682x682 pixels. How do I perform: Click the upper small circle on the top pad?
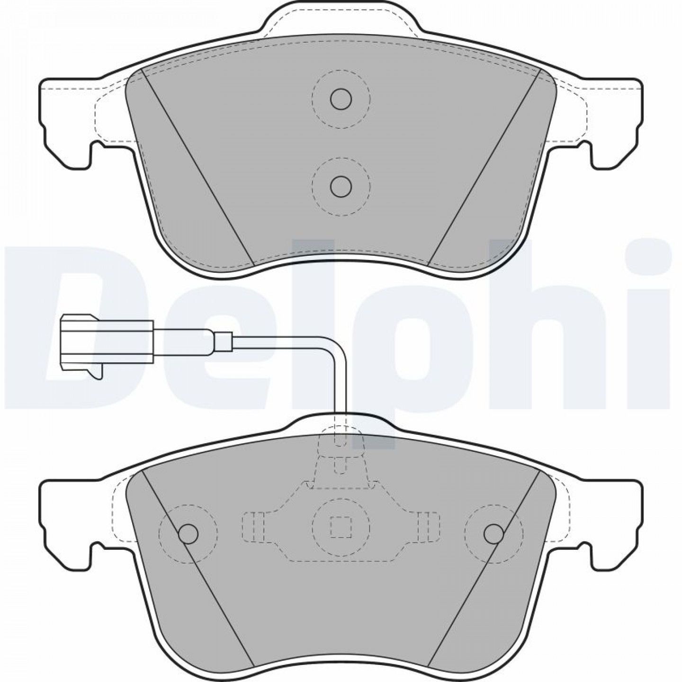point(341,99)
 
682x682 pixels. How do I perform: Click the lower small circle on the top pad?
point(341,186)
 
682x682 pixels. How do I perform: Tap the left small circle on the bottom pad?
point(188,533)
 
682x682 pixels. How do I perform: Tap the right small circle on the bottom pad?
point(494,533)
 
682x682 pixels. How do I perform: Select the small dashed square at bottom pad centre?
point(341,526)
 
